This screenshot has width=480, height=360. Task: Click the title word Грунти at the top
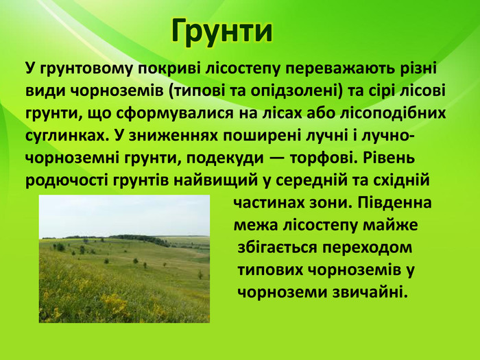(222, 32)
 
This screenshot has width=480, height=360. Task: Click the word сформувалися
(175, 114)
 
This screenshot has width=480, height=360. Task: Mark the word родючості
(67, 180)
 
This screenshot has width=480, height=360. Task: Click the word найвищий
(216, 180)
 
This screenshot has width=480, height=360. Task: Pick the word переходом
(367, 248)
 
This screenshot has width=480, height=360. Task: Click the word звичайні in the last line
(370, 292)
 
